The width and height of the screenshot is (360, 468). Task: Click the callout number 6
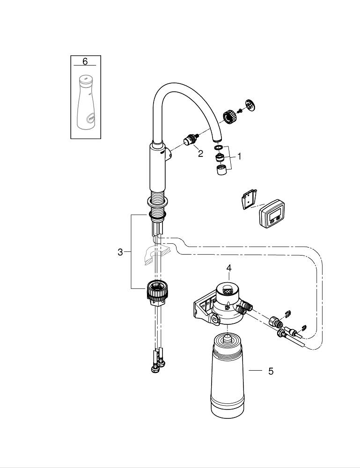pyautogui.click(x=85, y=61)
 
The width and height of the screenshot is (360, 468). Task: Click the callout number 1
pyautogui.click(x=239, y=156)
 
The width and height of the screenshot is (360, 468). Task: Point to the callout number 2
pyautogui.click(x=200, y=154)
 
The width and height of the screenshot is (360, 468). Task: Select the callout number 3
pyautogui.click(x=120, y=252)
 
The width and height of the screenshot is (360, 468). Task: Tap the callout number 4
pyautogui.click(x=228, y=268)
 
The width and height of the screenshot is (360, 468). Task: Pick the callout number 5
pyautogui.click(x=271, y=371)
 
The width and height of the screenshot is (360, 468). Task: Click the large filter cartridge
pyautogui.click(x=227, y=376)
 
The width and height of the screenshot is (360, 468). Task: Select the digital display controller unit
pyautogui.click(x=272, y=214)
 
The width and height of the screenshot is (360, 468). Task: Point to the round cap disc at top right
pyautogui.click(x=250, y=105)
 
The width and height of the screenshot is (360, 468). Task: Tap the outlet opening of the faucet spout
pyautogui.click(x=217, y=139)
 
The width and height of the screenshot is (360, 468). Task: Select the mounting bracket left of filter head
pyautogui.click(x=204, y=310)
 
